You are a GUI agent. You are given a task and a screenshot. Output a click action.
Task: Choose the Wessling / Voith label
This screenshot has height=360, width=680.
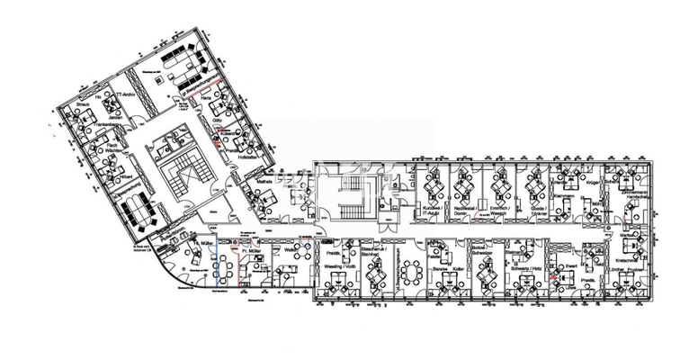[x=341, y=267]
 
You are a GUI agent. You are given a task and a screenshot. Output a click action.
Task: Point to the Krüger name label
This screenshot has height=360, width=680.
[x=593, y=181]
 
